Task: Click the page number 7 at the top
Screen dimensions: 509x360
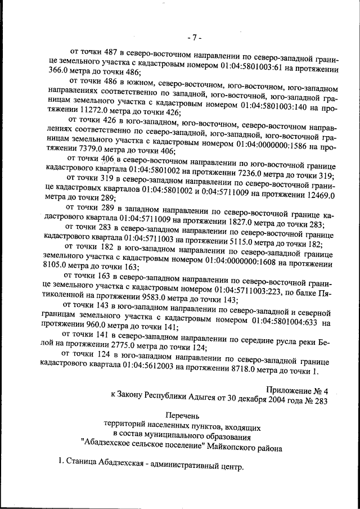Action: (194, 38)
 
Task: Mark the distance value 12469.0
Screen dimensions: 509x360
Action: (319, 195)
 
